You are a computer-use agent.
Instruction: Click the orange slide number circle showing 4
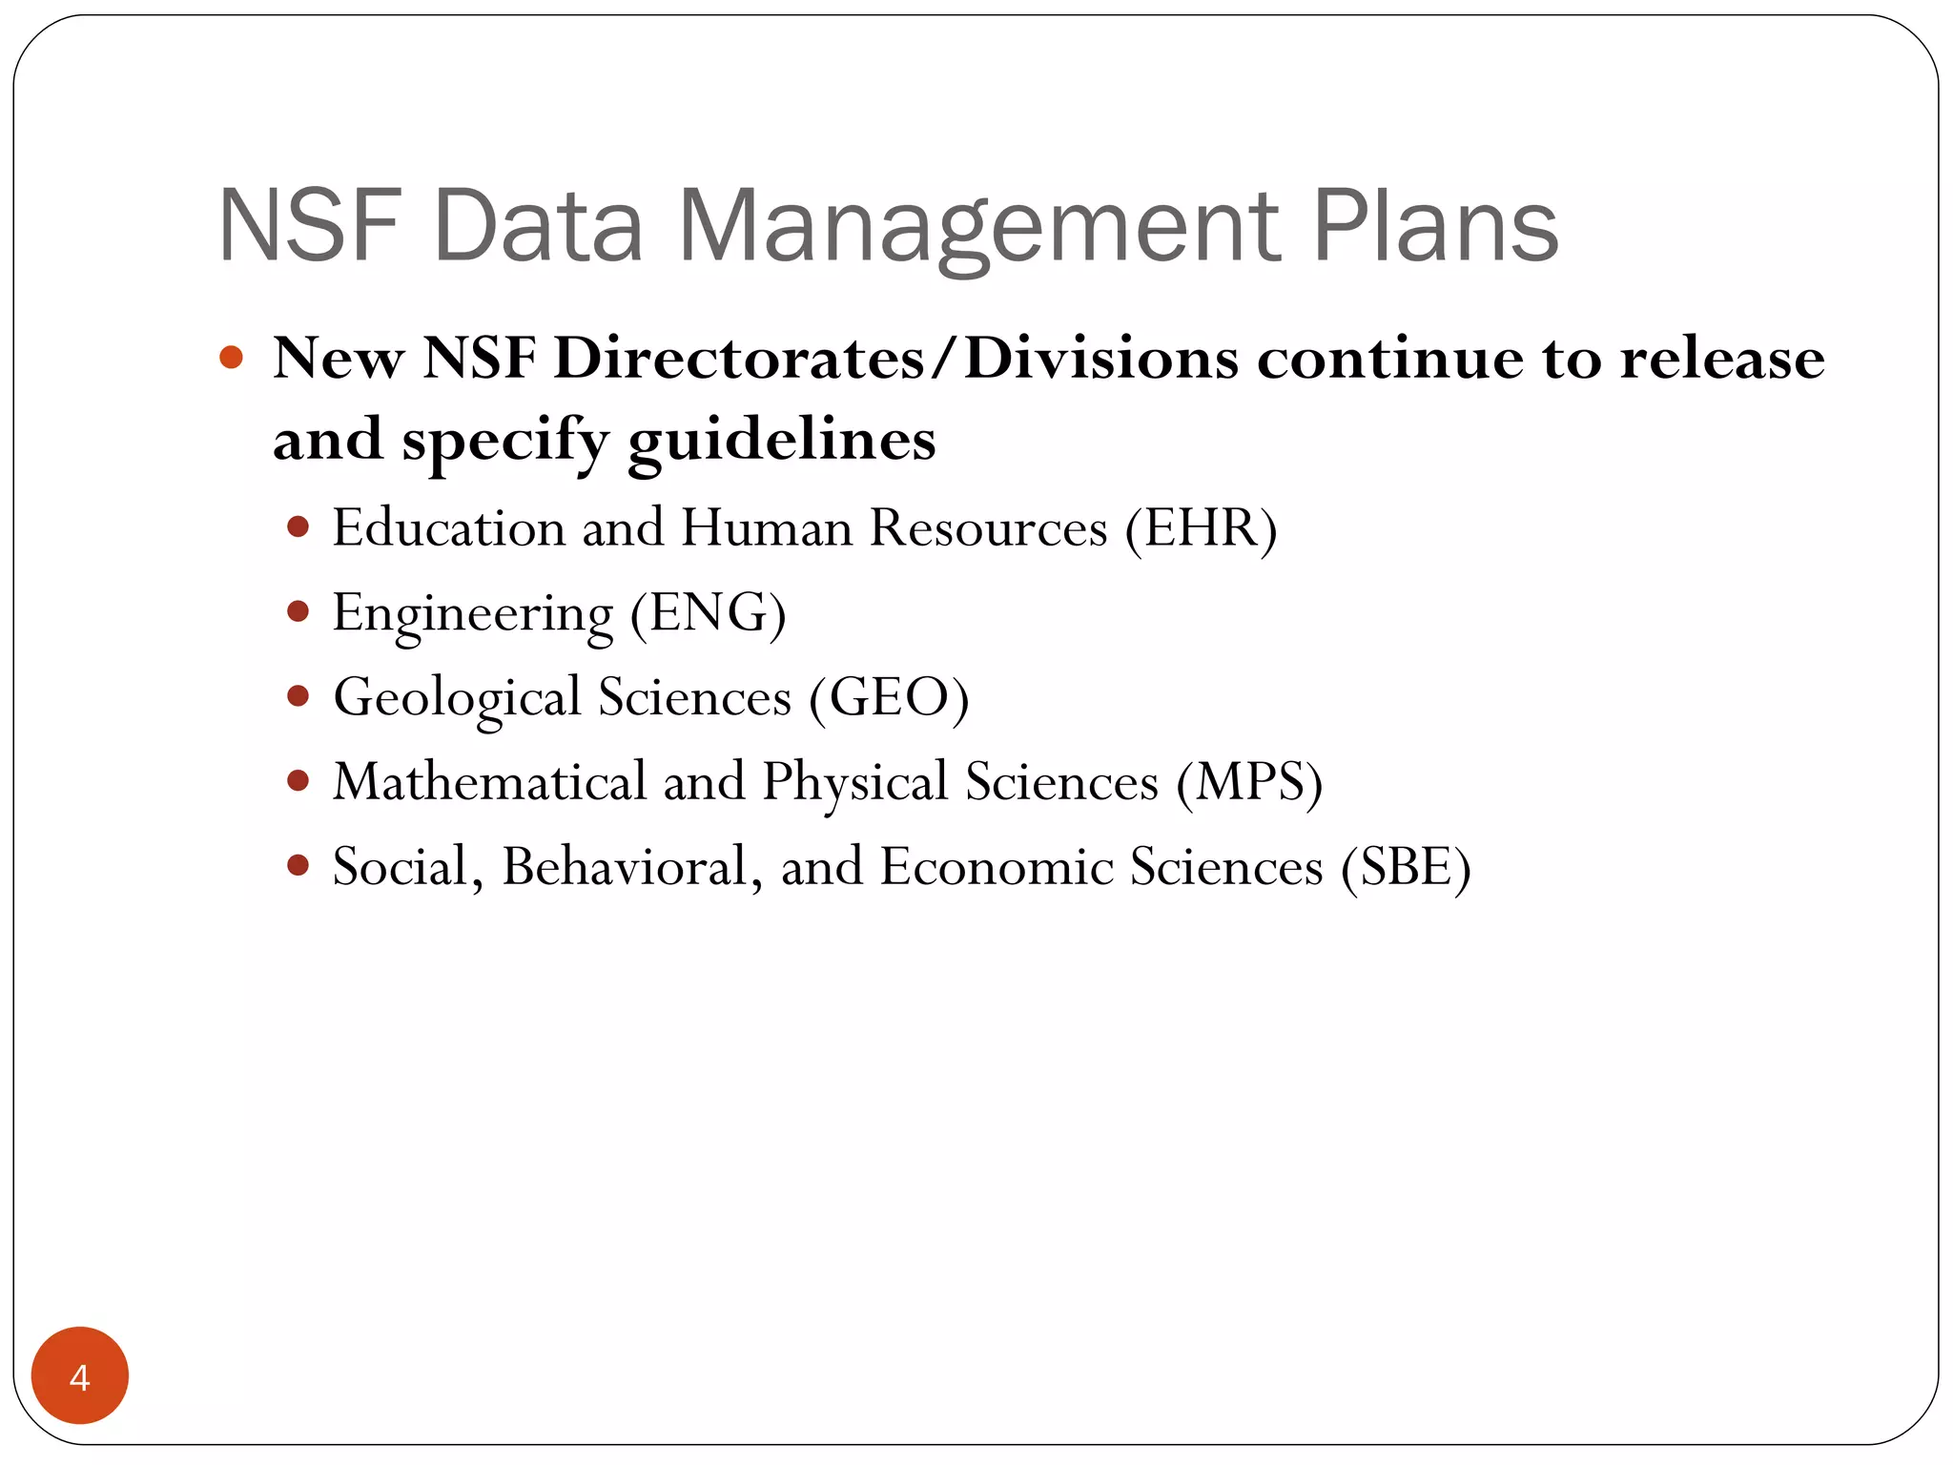coord(79,1375)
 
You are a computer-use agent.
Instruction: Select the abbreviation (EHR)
coord(1201,528)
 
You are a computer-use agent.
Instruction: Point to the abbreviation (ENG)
coord(708,613)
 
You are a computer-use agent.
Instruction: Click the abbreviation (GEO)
coord(889,697)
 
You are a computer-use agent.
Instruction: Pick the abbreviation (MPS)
coord(1249,782)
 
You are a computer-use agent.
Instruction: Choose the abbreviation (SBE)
coord(1406,867)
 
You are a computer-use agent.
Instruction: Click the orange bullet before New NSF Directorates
coord(231,359)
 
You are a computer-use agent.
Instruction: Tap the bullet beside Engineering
coord(298,611)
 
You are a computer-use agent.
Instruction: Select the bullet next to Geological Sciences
coord(298,696)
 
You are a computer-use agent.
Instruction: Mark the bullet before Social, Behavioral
coord(298,865)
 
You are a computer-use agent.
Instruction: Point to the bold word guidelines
coord(782,441)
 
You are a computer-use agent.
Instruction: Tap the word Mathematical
coord(489,782)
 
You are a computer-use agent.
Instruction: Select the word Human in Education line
coord(767,528)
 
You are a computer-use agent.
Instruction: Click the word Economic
coord(996,867)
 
